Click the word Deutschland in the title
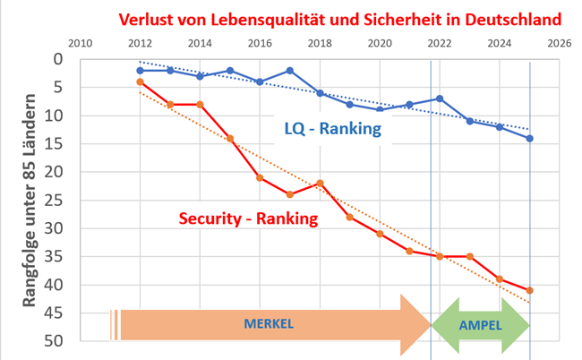[509, 18]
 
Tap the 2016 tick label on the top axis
[260, 43]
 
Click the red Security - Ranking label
[248, 219]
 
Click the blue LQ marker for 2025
[530, 138]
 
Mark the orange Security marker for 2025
[530, 290]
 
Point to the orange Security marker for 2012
[140, 81]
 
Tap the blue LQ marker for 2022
[440, 99]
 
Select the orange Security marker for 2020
[380, 234]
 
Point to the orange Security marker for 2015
[230, 139]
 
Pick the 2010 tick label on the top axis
[80, 43]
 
